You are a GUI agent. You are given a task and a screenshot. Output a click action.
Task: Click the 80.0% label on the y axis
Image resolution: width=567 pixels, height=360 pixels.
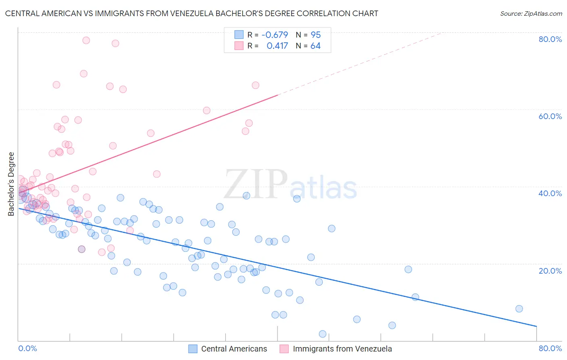click(550, 39)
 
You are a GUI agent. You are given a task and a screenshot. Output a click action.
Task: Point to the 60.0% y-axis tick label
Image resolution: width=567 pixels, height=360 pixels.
click(550, 116)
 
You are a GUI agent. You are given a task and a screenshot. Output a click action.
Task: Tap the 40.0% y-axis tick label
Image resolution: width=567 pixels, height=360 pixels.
click(550, 193)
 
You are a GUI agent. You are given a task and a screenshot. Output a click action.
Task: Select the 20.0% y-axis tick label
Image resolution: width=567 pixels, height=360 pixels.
click(550, 270)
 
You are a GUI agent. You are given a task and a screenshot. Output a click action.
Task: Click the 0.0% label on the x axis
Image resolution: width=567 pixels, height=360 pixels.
click(27, 348)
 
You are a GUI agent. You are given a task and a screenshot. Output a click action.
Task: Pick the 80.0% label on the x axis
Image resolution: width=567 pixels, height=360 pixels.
click(550, 348)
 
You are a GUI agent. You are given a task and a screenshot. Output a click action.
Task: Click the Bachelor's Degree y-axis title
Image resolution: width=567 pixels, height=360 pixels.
click(11, 184)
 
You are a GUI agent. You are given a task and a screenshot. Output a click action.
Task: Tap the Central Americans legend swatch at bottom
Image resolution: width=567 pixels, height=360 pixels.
click(193, 349)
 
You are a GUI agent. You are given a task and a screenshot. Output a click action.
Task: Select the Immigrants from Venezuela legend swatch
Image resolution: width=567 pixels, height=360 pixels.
click(284, 349)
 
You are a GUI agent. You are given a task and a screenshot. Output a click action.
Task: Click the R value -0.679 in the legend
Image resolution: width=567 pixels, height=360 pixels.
click(275, 35)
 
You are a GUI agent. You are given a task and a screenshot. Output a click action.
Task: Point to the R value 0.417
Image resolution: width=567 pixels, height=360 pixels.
click(277, 46)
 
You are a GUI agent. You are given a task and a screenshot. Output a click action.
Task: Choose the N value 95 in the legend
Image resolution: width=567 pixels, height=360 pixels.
click(315, 35)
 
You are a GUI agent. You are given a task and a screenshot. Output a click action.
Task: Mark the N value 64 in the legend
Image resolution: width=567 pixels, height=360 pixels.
click(315, 46)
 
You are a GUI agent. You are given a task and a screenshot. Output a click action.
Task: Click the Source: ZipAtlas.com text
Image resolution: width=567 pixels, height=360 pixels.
click(531, 13)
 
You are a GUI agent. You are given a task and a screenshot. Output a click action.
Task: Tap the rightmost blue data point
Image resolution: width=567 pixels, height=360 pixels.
click(519, 309)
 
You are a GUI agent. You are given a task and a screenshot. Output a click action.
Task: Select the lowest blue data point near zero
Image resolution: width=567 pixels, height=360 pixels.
click(322, 334)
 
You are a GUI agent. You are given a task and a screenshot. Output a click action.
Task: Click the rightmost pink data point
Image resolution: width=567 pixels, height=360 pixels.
click(255, 85)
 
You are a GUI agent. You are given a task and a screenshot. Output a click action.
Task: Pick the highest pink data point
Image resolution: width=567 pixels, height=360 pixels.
click(86, 40)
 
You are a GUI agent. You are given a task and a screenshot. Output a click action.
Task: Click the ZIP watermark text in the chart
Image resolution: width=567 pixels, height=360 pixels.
click(256, 184)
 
